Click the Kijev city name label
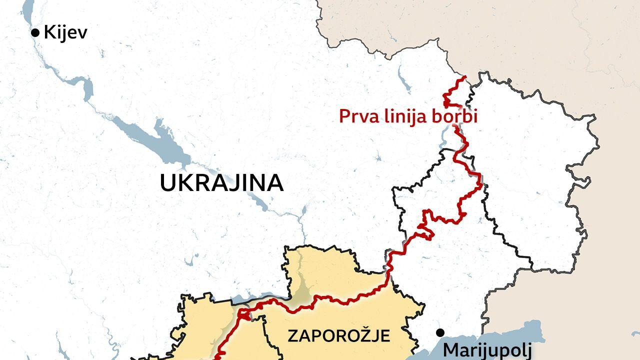point(65,33)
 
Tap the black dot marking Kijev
point(35,33)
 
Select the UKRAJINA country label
point(221,183)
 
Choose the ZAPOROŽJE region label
point(338,335)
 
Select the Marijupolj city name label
point(486,350)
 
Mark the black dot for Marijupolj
point(440,332)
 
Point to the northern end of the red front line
point(464,77)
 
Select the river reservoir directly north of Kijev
point(27,10)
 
